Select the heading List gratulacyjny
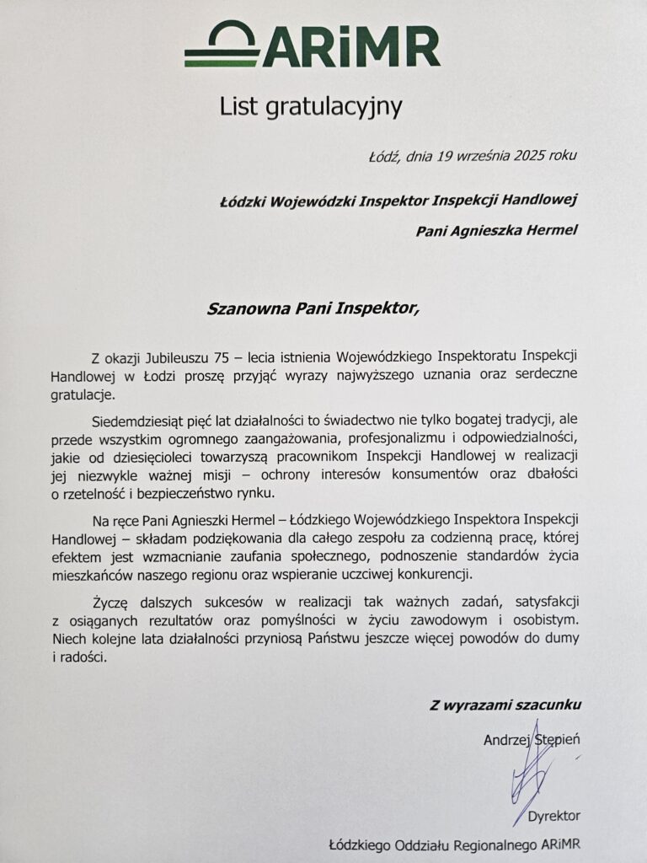tap(312, 107)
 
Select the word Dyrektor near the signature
tap(553, 816)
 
